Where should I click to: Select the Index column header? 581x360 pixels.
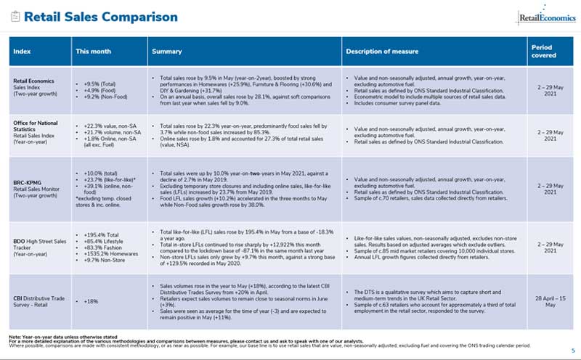click(23, 52)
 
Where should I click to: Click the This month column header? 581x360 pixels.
click(92, 52)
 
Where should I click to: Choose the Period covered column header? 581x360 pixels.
click(544, 52)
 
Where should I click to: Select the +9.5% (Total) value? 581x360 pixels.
click(99, 83)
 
